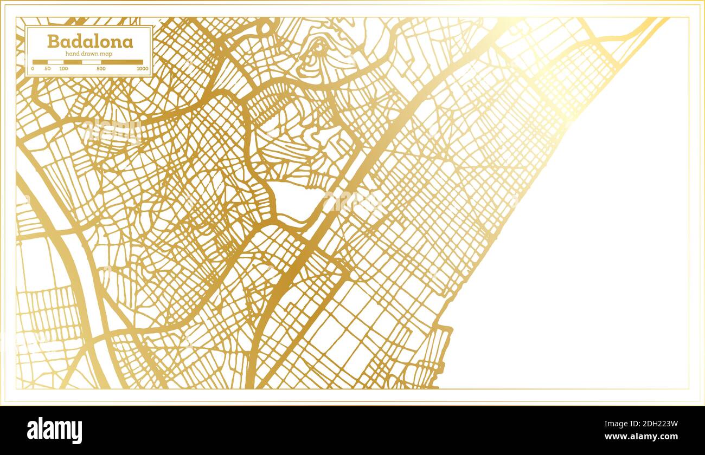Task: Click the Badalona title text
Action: tap(89, 42)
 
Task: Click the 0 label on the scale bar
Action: tap(33, 69)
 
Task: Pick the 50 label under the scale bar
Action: tap(48, 69)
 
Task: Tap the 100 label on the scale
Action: tap(63, 69)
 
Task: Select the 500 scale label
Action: tap(101, 69)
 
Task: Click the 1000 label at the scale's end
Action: tap(142, 69)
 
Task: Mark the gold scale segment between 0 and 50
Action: tap(40, 62)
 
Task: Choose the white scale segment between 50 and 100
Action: tap(56, 62)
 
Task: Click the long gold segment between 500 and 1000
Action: tap(122, 62)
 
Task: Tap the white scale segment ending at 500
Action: tap(91, 62)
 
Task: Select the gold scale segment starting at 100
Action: tap(73, 62)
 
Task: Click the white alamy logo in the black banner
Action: tap(54, 431)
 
